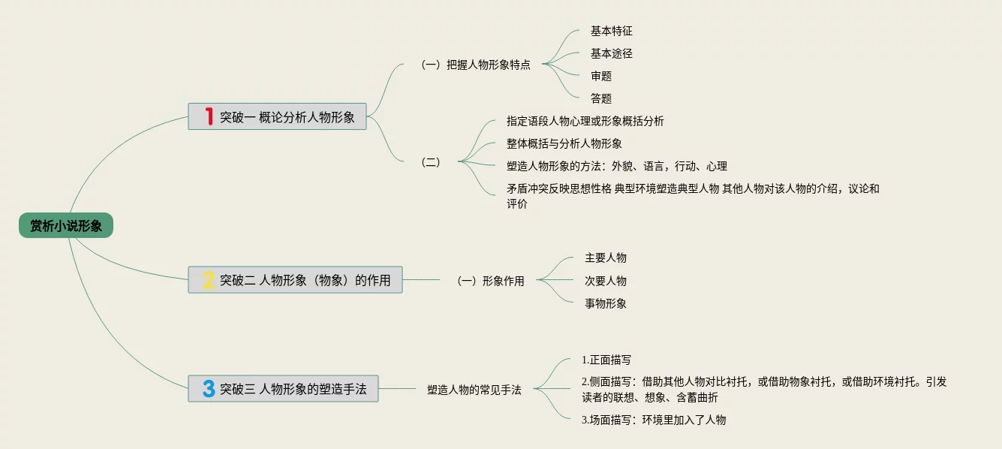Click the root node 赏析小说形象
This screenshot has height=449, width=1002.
[66, 225]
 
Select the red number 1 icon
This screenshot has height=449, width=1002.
[209, 117]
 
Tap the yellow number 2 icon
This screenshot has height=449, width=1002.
[209, 280]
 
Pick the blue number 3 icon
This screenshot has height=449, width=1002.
[209, 389]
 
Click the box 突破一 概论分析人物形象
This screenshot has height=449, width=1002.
[277, 117]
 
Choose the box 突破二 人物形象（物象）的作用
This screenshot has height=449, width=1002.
[295, 280]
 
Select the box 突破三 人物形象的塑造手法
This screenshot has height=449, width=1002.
[283, 389]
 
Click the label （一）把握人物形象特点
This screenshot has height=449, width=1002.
[476, 65]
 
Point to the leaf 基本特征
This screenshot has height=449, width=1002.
[612, 32]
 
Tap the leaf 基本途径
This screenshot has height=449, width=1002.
[612, 54]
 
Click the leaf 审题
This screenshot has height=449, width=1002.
[601, 76]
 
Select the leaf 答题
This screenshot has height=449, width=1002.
[601, 98]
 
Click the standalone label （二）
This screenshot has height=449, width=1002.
[432, 162]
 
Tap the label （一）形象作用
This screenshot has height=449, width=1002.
[491, 281]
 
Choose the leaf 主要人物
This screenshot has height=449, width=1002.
[606, 258]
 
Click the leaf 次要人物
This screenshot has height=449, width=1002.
[606, 281]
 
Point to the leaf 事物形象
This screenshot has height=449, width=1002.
[606, 303]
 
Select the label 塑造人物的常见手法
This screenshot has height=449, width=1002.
[474, 390]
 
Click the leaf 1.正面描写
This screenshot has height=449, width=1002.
[606, 360]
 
